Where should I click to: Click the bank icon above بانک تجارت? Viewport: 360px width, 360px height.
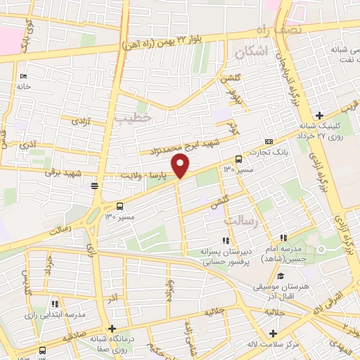[269, 141]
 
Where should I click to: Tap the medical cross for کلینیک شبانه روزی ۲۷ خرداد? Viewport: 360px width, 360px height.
[319, 115]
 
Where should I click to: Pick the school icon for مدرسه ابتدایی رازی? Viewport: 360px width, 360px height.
[53, 304]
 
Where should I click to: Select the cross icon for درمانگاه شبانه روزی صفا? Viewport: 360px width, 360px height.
[112, 328]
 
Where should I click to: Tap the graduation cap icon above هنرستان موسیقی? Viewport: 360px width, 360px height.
[281, 275]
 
